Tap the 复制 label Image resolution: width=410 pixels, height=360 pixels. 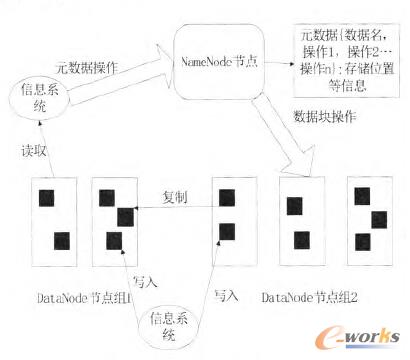coord(175,197)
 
